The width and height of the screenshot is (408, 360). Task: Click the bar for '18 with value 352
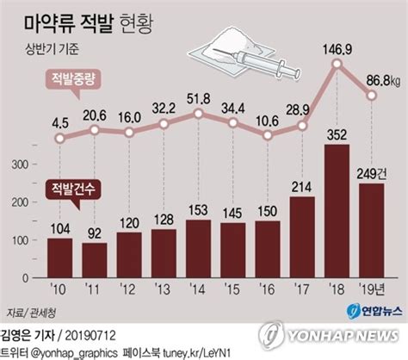tap(337, 211)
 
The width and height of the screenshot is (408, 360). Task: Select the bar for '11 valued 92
tap(95, 260)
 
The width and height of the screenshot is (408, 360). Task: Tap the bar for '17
tap(302, 237)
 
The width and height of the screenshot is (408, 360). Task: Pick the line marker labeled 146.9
tap(337, 64)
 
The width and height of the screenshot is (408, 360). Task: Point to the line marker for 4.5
tap(59, 139)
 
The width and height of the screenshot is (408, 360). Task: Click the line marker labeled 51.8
tap(198, 114)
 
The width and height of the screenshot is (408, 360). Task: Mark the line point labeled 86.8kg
tap(372, 96)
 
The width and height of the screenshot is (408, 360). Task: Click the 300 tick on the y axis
tap(20, 164)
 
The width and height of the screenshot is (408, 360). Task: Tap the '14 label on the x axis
tap(198, 289)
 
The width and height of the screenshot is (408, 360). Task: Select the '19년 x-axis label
tap(372, 289)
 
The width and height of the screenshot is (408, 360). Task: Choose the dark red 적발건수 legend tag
tap(73, 189)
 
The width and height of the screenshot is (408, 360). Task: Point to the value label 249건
tap(372, 174)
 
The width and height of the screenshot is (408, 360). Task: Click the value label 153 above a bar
tap(198, 210)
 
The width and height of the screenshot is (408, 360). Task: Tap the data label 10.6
tap(267, 121)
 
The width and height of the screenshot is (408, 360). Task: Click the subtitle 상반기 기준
tap(52, 48)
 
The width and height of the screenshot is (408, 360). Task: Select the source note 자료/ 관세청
tap(31, 313)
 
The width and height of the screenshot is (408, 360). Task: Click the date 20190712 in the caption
tap(90, 336)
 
